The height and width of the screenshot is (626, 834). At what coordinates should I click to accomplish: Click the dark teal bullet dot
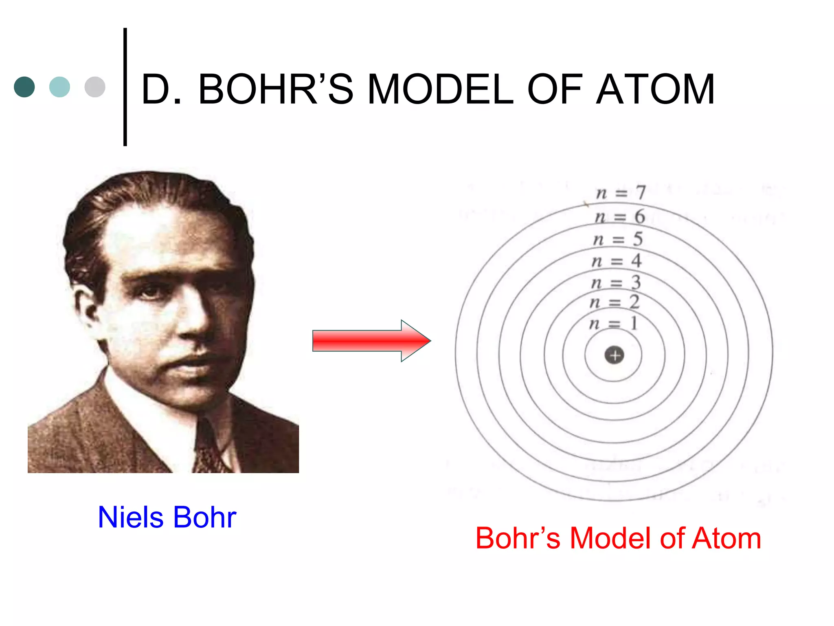(x=24, y=87)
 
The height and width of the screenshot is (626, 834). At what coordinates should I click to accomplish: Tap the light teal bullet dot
(x=59, y=87)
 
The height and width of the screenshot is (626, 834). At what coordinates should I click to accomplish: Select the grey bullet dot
(x=95, y=87)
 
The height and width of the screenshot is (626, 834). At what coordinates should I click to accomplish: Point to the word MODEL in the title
(x=440, y=89)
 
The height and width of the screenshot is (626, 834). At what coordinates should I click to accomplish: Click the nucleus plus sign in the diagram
(x=614, y=355)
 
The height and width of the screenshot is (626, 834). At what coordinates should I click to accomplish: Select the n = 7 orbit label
(x=621, y=192)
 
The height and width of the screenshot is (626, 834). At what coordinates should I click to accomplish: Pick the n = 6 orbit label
(x=619, y=216)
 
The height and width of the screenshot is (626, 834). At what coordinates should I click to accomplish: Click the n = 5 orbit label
(x=618, y=239)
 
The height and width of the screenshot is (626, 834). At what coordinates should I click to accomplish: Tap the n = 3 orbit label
(x=616, y=282)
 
